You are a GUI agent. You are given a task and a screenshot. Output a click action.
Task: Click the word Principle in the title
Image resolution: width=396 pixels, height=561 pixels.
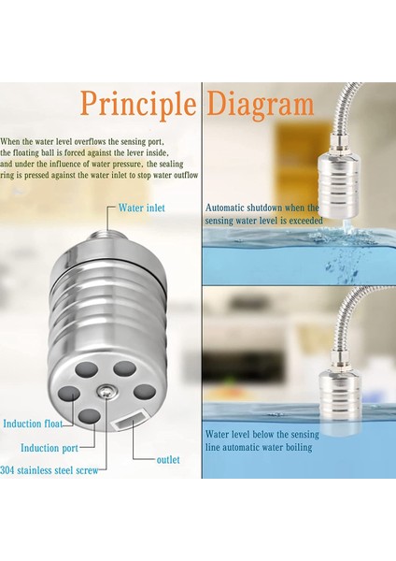pyautogui.click(x=138, y=105)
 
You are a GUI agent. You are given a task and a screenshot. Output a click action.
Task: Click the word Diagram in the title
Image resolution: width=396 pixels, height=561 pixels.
pyautogui.click(x=261, y=105)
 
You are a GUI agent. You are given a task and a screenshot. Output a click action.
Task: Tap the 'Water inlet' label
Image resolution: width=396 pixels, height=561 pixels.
pyautogui.click(x=142, y=208)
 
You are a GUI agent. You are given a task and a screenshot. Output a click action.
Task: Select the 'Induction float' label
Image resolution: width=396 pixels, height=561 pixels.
pyautogui.click(x=33, y=424)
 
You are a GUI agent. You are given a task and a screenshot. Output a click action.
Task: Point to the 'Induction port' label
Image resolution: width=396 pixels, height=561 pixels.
pyautogui.click(x=49, y=448)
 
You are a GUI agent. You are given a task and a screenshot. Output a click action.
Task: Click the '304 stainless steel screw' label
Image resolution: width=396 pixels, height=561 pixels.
pyautogui.click(x=49, y=470)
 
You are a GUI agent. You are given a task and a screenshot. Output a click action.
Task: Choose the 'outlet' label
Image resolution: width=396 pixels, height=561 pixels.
pyautogui.click(x=168, y=460)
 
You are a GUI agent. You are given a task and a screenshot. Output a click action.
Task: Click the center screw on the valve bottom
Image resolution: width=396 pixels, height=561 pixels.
pyautogui.click(x=106, y=392)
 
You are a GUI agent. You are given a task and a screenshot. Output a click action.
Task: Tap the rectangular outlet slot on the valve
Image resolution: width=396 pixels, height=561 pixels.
pyautogui.click(x=131, y=420)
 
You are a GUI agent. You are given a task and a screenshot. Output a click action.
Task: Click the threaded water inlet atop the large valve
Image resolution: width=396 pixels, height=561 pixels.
pyautogui.click(x=106, y=237)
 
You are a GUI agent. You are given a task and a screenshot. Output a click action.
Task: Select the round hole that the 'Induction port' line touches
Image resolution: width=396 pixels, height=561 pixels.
pyautogui.click(x=90, y=417)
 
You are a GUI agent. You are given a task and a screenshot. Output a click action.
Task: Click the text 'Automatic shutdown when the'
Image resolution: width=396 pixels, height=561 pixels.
pyautogui.click(x=262, y=208)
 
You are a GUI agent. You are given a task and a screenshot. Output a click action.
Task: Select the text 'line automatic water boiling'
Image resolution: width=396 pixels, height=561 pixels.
pyautogui.click(x=259, y=448)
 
